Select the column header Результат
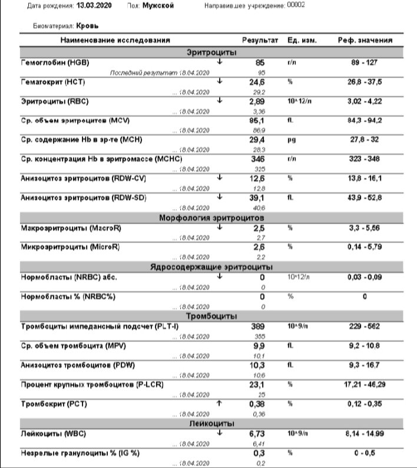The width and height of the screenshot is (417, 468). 260,40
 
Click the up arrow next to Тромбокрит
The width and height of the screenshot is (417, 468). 219,403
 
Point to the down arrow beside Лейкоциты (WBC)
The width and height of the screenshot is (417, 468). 219,433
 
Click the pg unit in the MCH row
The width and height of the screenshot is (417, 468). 290,140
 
